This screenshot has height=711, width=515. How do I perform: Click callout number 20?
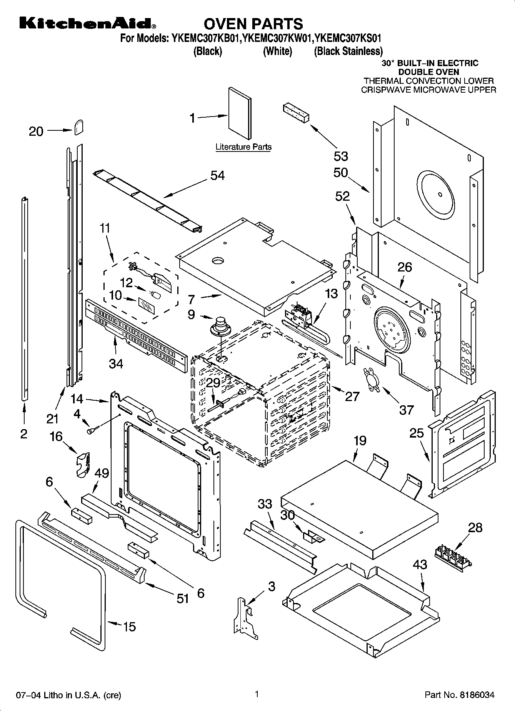[36, 132]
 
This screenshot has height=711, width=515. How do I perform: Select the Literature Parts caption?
[243, 147]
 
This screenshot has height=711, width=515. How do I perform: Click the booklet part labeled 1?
[240, 113]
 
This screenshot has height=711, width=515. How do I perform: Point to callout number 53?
[341, 156]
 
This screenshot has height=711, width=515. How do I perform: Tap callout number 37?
[406, 410]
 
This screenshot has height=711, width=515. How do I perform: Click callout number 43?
[420, 565]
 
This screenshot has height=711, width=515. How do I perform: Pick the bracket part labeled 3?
[244, 618]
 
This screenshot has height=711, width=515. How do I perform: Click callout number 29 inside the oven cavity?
[213, 383]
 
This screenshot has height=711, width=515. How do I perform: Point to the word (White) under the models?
[277, 51]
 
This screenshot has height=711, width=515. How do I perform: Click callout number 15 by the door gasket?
[129, 627]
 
